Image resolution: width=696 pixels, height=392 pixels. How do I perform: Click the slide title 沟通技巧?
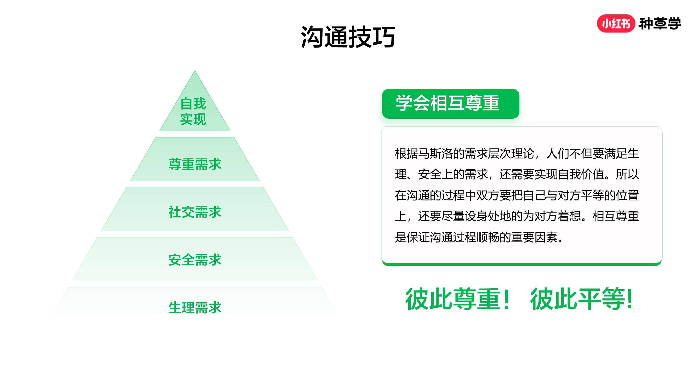(x=348, y=37)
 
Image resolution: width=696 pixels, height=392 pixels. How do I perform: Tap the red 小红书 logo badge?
(x=616, y=24)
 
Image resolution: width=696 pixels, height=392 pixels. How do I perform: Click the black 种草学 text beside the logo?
(x=659, y=24)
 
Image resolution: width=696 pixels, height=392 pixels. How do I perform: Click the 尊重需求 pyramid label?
(x=195, y=164)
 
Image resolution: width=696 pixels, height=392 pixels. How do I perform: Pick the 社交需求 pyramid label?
(x=195, y=212)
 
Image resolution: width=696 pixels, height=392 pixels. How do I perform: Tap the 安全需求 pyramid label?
(x=195, y=260)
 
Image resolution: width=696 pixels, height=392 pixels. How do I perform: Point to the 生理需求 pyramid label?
(x=195, y=308)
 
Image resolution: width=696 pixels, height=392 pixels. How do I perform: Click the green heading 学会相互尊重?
(x=447, y=103)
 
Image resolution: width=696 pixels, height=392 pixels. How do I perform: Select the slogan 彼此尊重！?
(x=457, y=299)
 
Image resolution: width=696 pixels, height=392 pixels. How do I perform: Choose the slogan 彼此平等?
(x=581, y=299)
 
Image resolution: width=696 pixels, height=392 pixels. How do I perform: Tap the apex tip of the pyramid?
(x=195, y=71)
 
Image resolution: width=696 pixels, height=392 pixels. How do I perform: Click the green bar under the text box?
(x=522, y=264)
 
